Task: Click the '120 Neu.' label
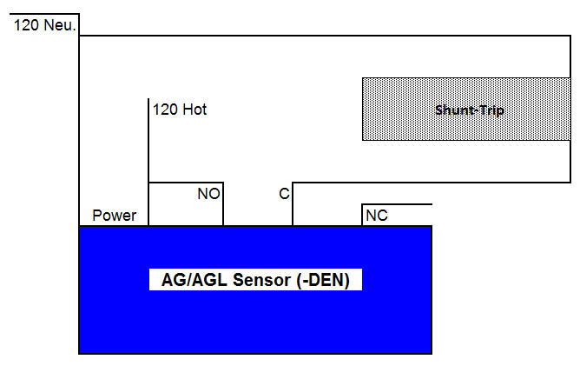click(x=45, y=26)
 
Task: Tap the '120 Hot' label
click(x=180, y=110)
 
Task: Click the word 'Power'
click(x=114, y=216)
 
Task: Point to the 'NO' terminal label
click(x=208, y=195)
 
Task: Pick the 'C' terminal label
click(x=284, y=195)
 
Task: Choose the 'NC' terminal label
click(x=377, y=215)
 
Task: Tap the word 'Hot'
click(x=194, y=110)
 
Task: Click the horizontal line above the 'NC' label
click(x=396, y=204)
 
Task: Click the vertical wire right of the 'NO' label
click(x=223, y=205)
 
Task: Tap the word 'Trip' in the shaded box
click(x=490, y=110)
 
